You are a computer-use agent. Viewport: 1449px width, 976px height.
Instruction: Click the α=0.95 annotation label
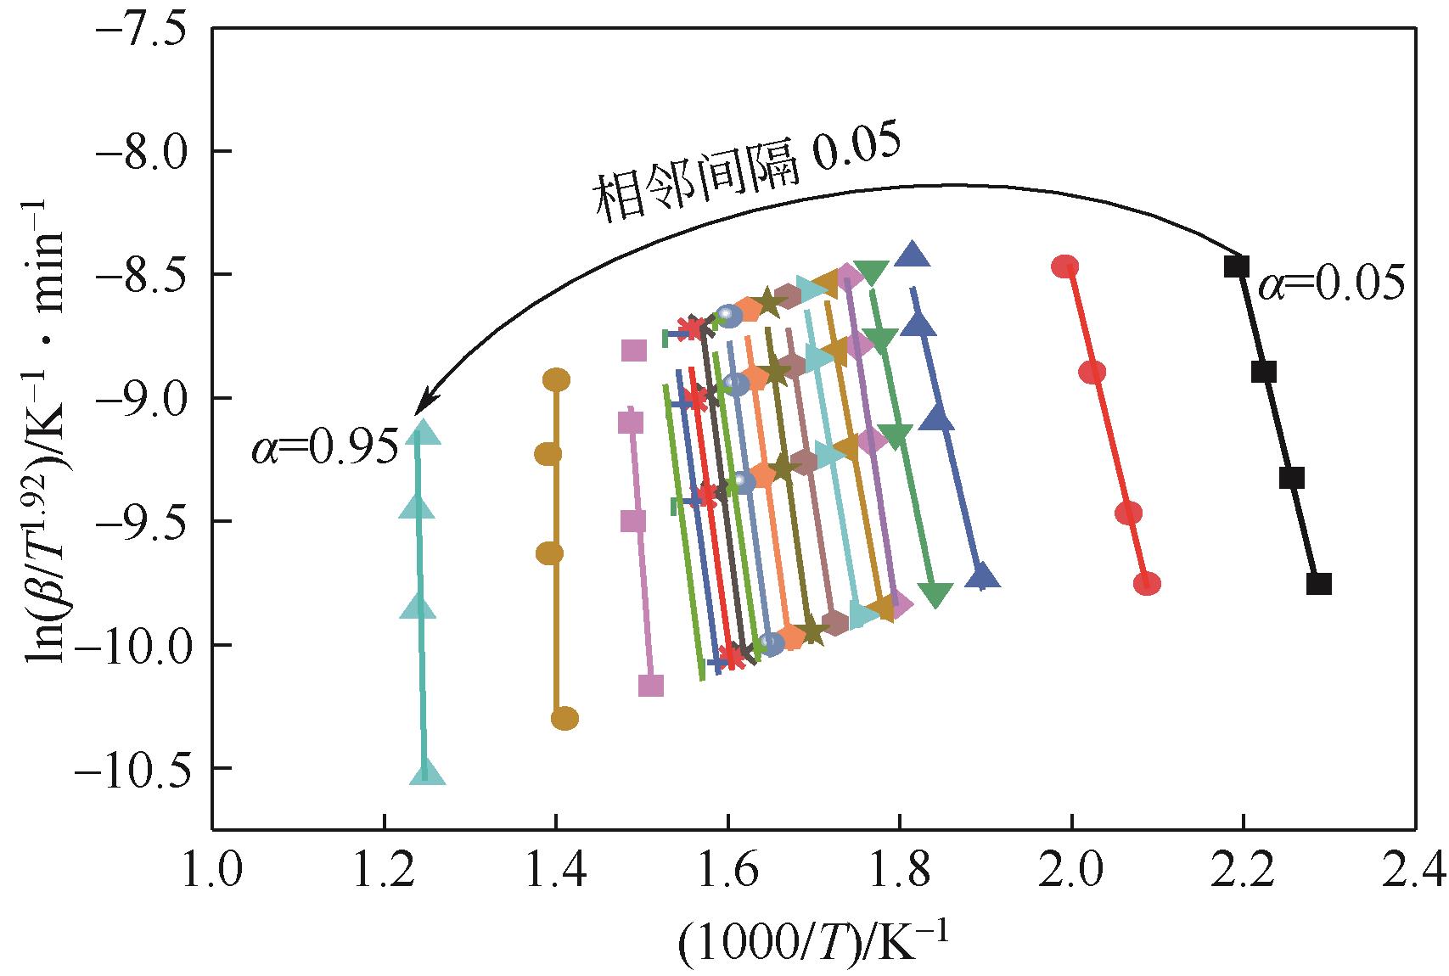324,448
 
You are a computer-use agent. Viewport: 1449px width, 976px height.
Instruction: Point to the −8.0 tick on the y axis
138,151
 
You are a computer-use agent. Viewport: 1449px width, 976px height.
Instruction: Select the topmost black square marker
1237,266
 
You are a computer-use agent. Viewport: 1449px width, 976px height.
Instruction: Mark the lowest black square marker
1318,584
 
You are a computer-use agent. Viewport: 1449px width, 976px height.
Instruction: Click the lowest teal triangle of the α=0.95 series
427,772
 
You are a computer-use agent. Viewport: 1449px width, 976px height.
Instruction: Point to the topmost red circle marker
1064,266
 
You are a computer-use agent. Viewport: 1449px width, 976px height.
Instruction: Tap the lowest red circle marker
1147,584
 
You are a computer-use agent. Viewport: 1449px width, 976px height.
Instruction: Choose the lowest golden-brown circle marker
564,719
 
